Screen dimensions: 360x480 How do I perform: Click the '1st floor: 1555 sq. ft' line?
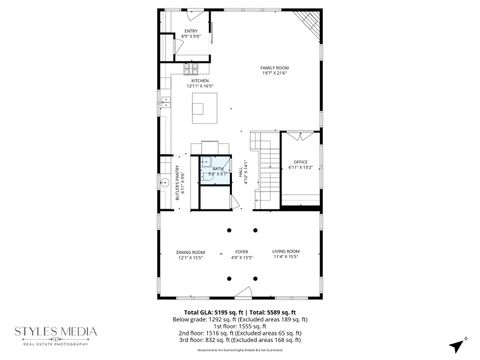pyautogui.click(x=240, y=325)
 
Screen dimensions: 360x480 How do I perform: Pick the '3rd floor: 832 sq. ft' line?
pyautogui.click(x=240, y=339)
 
